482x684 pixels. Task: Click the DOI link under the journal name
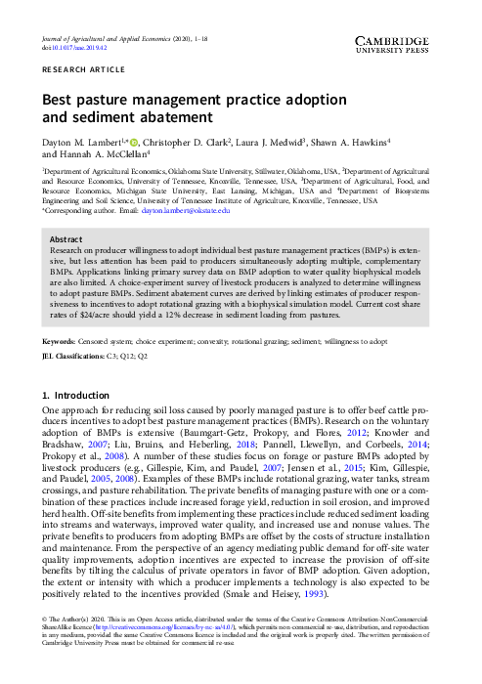(x=74, y=47)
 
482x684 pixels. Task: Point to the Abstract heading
(x=66, y=238)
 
